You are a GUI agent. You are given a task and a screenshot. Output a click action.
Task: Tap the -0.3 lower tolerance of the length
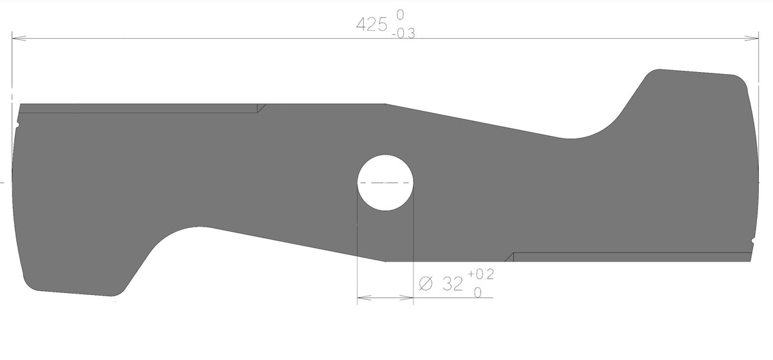(404, 34)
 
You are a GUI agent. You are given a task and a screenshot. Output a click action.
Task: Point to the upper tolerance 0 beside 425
(400, 15)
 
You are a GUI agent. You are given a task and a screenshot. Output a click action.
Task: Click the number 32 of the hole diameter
(452, 284)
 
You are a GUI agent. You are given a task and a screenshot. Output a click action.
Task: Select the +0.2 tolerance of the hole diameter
(481, 274)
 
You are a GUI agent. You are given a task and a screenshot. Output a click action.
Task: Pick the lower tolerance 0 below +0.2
(477, 292)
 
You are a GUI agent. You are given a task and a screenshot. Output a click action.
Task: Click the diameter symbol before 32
(426, 284)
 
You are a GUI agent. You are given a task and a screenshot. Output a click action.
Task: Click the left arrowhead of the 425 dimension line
(19, 38)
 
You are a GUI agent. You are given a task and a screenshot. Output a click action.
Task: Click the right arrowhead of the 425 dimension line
(751, 38)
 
